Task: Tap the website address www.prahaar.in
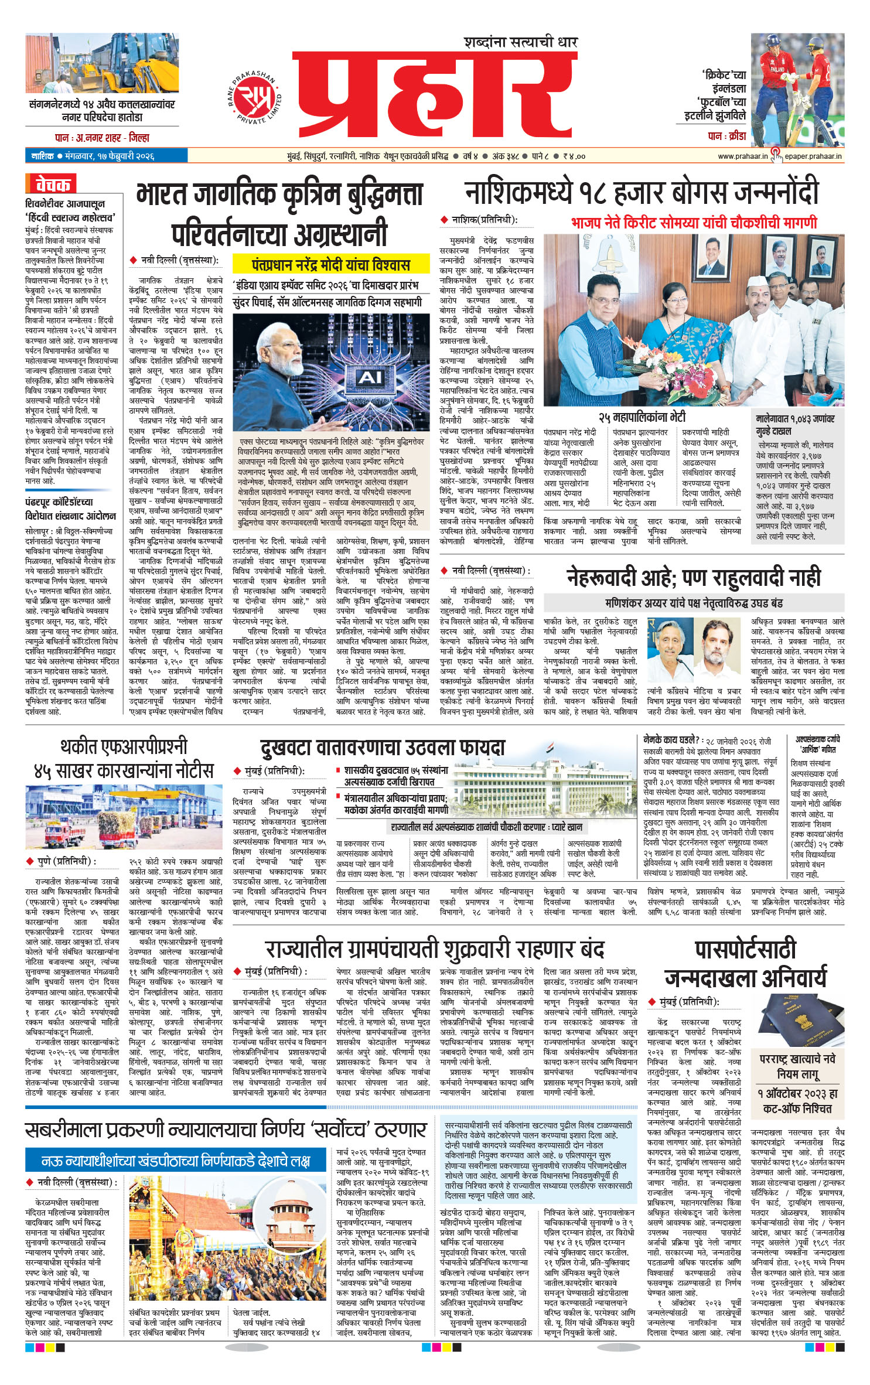click(742, 156)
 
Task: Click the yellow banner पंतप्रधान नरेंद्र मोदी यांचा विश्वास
click(330, 265)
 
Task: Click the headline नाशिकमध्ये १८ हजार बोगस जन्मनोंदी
click(642, 193)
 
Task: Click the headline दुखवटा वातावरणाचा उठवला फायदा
click(382, 748)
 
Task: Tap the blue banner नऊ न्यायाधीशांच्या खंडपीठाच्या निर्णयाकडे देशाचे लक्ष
click(175, 1161)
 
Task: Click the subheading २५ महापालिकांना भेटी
click(642, 418)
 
